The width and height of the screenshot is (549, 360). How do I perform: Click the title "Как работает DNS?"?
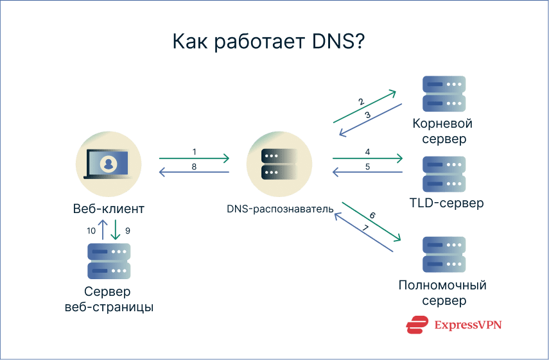pos(269,43)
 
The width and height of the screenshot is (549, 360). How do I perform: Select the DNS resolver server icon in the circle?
pos(279,164)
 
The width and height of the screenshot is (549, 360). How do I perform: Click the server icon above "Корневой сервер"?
pos(444,93)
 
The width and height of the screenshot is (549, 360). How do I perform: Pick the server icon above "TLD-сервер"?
pos(444,173)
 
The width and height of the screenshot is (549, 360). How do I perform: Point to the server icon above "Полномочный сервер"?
pos(444,255)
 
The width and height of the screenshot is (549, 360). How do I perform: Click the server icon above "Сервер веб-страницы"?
pos(109,261)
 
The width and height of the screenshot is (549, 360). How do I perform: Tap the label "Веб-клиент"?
pos(109,209)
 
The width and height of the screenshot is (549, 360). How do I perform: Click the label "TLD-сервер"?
pos(446,203)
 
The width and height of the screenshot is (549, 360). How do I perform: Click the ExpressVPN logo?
pos(453,325)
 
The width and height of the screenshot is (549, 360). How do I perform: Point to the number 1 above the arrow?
pos(194,151)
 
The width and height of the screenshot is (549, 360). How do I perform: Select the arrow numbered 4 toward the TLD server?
pos(367,158)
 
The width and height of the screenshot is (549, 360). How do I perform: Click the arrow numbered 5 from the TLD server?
pos(367,173)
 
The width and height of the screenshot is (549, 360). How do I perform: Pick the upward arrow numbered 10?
pos(103,230)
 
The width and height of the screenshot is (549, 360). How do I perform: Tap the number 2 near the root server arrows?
pos(362,101)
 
